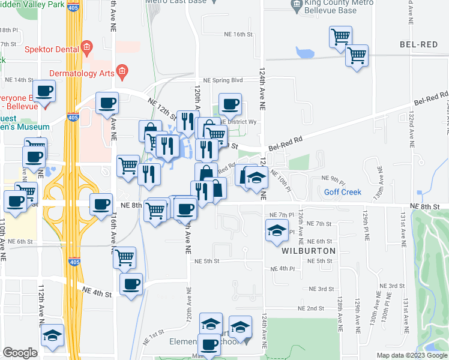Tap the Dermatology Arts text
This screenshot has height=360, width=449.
coord(82,73)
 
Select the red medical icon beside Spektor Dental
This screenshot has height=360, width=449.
coord(87,47)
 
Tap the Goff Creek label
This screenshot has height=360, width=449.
coord(343,192)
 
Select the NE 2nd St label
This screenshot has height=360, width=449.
coord(311,308)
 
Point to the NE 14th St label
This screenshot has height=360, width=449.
coord(19,80)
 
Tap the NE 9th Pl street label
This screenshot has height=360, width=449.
coord(334,178)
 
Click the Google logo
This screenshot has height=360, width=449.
coord(20,353)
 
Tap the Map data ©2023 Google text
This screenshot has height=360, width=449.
coord(412,355)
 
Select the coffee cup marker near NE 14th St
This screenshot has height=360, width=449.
coord(44,92)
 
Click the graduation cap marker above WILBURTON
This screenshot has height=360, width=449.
coord(276,230)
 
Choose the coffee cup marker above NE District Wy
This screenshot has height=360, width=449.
coord(230,104)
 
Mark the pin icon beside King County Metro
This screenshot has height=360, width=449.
coord(297,7)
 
